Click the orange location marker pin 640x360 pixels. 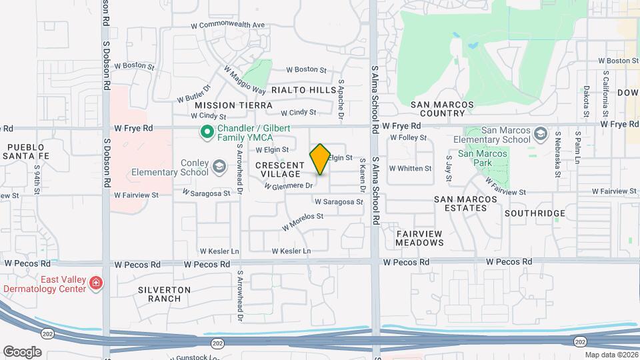pos(320,159)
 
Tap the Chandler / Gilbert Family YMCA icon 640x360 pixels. pos(207,132)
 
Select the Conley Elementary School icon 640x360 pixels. pos(219,166)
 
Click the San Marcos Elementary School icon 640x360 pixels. pos(539,135)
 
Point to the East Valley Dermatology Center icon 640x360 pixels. pos(97,283)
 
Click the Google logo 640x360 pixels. pos(21,352)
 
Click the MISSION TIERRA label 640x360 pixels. pos(233,105)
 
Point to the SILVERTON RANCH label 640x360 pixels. pos(164,294)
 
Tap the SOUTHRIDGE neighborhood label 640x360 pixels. pos(535,213)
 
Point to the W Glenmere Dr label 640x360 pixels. pos(288,186)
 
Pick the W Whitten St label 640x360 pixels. pos(410,169)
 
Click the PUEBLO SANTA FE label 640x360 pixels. pos(26,151)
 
